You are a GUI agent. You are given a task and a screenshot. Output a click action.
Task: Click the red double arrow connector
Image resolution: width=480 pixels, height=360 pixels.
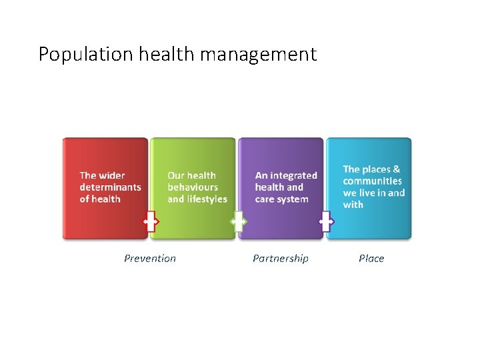pos(151,221)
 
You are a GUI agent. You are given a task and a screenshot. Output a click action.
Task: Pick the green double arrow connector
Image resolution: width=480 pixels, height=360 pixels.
pos(238,221)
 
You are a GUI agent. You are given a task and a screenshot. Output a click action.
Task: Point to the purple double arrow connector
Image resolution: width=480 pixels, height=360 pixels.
pos(326,221)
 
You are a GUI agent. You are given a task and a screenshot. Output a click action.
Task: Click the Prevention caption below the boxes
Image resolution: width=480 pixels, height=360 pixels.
pos(150,259)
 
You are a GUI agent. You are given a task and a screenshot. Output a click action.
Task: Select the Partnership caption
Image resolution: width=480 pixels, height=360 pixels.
pos(281,259)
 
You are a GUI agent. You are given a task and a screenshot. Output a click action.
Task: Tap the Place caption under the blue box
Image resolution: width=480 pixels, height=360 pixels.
pos(371,259)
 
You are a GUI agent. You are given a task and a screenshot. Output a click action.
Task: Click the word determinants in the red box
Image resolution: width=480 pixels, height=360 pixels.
pos(110,187)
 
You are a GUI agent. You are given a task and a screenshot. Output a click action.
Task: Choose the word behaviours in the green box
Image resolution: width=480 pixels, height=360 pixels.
pos(193,187)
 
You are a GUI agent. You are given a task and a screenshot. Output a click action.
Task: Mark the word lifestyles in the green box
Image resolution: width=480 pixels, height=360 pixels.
pos(207,199)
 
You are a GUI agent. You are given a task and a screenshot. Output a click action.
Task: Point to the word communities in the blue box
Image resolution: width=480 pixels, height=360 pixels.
pos(373,181)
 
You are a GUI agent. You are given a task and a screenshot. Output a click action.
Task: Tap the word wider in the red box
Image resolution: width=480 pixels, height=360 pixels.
pos(111,176)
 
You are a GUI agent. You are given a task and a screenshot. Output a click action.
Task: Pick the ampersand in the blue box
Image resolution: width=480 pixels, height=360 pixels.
pos(397,169)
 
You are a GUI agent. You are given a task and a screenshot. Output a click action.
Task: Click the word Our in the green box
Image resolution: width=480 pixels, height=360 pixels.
pos(176,176)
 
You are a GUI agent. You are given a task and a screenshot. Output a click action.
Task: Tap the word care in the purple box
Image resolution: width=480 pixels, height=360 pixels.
pos(265,199)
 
